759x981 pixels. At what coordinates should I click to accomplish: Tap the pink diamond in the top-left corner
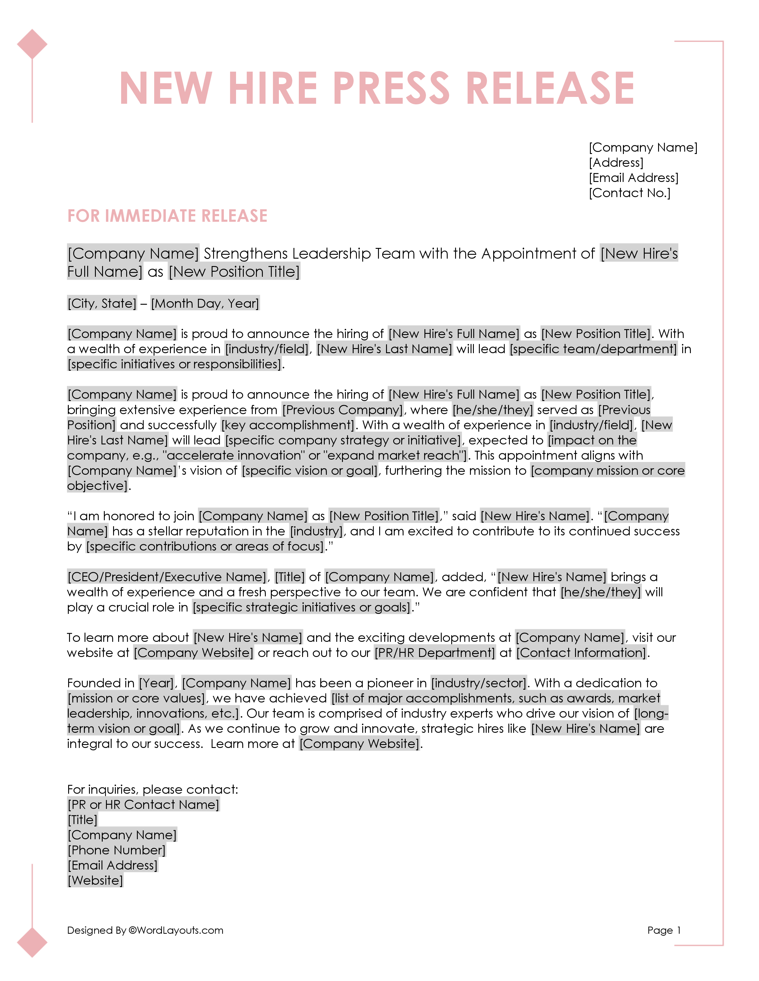32,44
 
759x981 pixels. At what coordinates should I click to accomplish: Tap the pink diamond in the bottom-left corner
32,942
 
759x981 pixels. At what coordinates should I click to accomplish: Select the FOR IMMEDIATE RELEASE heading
167,216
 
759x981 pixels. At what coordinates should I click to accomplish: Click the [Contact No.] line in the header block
630,193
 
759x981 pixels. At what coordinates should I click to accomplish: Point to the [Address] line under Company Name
616,163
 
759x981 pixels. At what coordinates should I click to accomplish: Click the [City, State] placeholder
101,304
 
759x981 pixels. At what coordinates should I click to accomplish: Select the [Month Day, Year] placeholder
205,304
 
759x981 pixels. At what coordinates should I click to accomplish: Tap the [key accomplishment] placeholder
288,425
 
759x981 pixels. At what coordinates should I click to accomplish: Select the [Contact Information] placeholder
581,653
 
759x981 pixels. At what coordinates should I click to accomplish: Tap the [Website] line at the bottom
95,881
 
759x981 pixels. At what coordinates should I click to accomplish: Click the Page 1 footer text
664,930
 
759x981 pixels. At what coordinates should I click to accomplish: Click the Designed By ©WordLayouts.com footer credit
145,930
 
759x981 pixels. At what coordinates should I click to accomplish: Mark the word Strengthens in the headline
246,254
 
